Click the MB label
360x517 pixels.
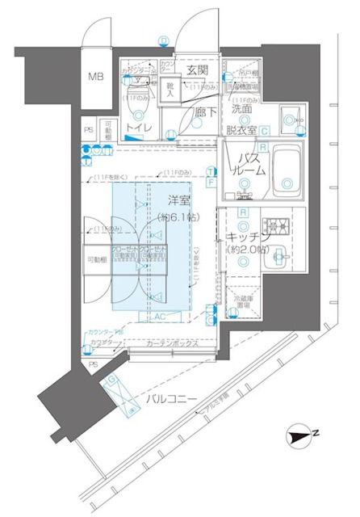(x=96, y=78)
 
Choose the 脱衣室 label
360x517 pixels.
(x=242, y=129)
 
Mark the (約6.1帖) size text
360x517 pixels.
(x=180, y=217)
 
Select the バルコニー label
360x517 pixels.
(x=178, y=399)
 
